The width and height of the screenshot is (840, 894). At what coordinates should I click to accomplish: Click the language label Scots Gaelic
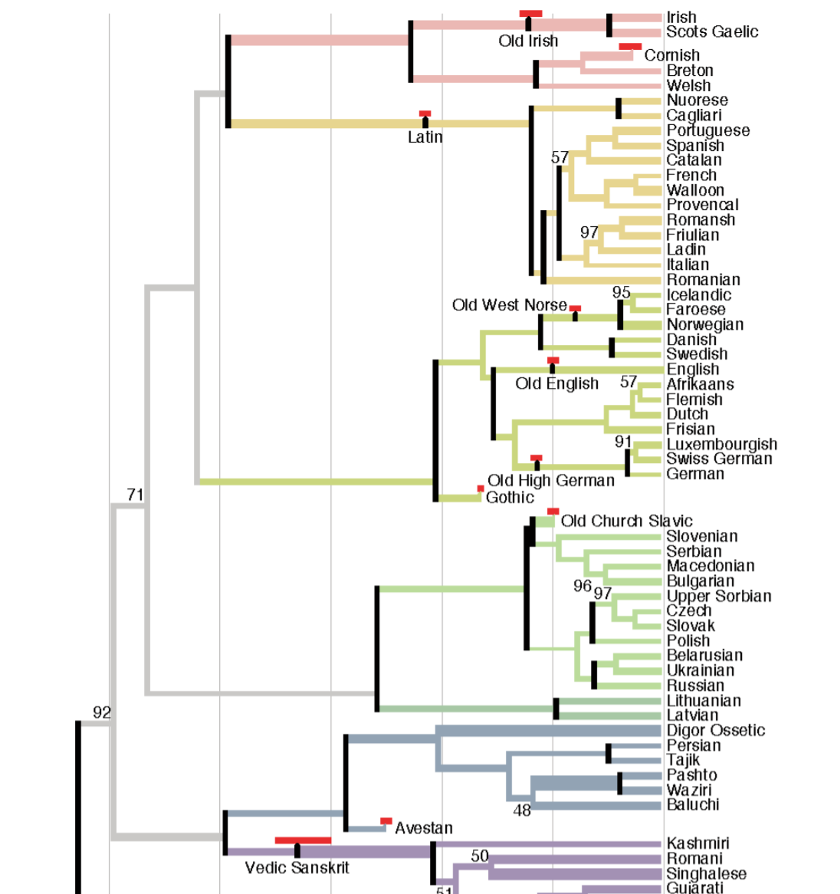[711, 32]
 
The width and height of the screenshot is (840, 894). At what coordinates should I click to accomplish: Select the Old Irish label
[528, 41]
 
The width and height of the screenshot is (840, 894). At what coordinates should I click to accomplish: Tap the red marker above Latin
[425, 113]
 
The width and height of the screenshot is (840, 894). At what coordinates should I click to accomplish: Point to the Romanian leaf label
[703, 280]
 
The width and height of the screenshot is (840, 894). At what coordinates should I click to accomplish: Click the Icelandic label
[698, 295]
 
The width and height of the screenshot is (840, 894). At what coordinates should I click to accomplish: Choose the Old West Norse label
[509, 305]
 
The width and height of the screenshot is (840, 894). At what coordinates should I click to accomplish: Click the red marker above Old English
[553, 360]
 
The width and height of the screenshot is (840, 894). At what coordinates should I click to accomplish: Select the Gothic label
[510, 498]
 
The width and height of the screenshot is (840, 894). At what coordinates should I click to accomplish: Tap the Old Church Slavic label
[626, 521]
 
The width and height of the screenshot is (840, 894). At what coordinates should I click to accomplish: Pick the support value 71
[135, 495]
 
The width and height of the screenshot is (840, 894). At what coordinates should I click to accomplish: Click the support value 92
[102, 713]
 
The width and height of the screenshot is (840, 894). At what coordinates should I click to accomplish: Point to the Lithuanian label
[703, 701]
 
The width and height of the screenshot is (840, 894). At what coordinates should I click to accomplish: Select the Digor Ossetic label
[715, 731]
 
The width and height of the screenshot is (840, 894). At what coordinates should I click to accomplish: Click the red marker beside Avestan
[386, 821]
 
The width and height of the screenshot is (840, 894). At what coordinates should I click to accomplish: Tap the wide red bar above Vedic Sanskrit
[303, 840]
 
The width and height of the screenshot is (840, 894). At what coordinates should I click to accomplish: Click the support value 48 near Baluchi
[522, 810]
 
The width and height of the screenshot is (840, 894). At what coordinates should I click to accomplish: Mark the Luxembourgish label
[721, 445]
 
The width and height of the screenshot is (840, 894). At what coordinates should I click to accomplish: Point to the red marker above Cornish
[630, 47]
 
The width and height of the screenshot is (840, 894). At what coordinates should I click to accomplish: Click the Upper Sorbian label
[718, 597]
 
